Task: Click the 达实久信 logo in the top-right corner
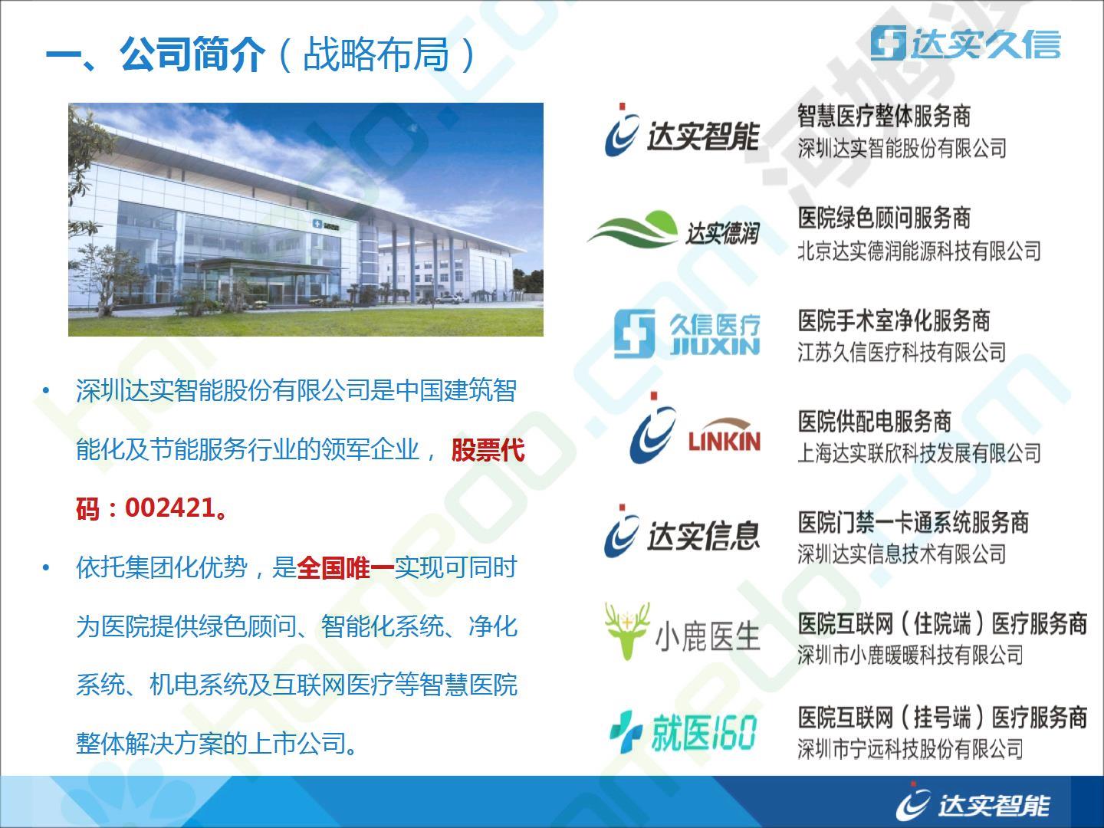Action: click(x=966, y=43)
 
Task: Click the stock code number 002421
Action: click(x=170, y=508)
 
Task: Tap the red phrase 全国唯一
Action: click(x=346, y=568)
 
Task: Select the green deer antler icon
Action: click(x=627, y=631)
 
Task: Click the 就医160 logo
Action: click(x=682, y=732)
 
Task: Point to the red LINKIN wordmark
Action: click(x=724, y=440)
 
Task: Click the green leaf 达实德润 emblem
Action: click(x=632, y=229)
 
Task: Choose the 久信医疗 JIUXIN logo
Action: click(x=687, y=333)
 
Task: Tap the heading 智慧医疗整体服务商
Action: click(x=884, y=116)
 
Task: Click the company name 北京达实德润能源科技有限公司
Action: click(x=919, y=251)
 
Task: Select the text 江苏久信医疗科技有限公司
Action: click(x=902, y=352)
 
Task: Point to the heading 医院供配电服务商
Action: click(x=874, y=422)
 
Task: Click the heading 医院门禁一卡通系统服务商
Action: click(x=913, y=522)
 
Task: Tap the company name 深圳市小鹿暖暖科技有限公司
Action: click(x=910, y=654)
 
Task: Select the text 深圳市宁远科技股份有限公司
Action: click(x=910, y=748)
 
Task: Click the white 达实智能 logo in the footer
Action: click(x=972, y=803)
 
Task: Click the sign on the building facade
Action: click(x=326, y=225)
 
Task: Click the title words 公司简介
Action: click(x=192, y=54)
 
